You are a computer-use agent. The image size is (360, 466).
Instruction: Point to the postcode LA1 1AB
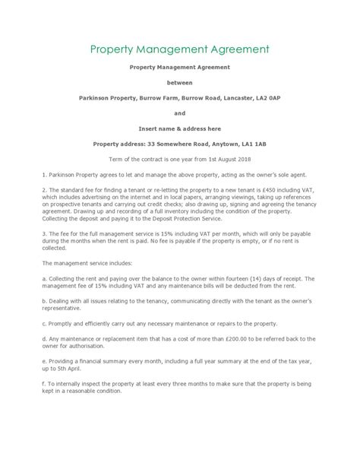coord(251,143)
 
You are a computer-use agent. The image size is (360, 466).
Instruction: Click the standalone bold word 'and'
coord(179,113)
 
